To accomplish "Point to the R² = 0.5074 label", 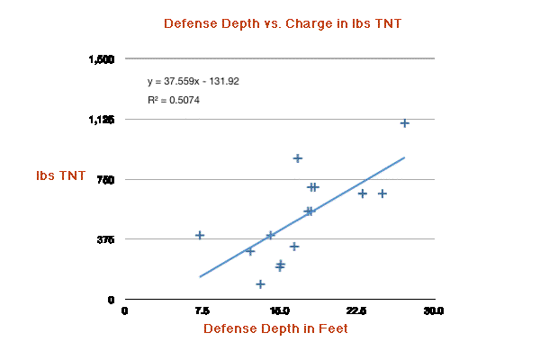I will (x=174, y=100).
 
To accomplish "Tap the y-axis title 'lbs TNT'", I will (x=61, y=175).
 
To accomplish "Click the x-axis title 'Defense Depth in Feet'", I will (x=275, y=328).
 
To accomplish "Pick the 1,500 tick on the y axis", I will (x=101, y=59).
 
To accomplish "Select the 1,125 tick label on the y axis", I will (x=101, y=120).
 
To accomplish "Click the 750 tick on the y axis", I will (x=105, y=179).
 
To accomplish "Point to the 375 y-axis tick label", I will (x=105, y=239).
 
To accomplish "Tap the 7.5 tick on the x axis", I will (x=202, y=310).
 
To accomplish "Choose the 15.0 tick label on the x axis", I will (x=279, y=310).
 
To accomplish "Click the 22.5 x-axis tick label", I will (x=356, y=310).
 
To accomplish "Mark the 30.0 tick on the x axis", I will (x=434, y=310).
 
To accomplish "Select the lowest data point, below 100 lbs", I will (x=260, y=284).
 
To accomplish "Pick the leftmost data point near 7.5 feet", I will (x=200, y=235).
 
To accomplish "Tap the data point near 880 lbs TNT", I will (x=298, y=158).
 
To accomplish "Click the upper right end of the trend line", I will (x=404, y=157).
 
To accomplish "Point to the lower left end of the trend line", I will (x=200, y=276).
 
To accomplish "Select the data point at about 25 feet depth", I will (x=382, y=193).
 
